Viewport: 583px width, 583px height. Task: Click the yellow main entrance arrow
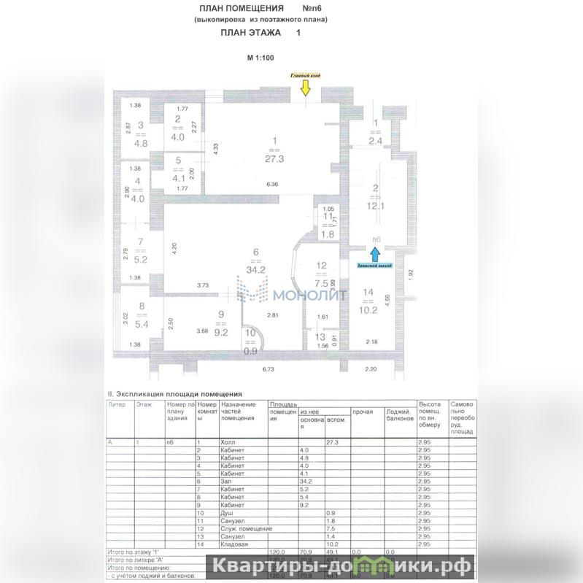click(x=305, y=88)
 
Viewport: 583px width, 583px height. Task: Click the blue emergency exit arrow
click(x=374, y=253)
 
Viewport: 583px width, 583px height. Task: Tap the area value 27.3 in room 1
click(x=275, y=155)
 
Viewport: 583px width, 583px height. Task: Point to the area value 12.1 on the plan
click(x=375, y=205)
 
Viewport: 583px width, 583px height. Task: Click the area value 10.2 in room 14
click(x=368, y=309)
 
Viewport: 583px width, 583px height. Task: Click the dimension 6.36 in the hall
click(x=272, y=185)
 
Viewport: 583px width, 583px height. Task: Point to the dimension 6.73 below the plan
click(x=272, y=371)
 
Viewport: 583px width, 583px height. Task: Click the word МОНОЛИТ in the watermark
click(x=299, y=295)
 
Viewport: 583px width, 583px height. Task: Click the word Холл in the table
click(x=228, y=442)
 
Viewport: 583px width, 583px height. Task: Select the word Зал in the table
click(x=226, y=481)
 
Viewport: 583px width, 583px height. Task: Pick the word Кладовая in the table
click(x=235, y=544)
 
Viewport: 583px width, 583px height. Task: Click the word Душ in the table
click(x=227, y=513)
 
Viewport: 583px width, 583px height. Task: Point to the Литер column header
click(x=117, y=403)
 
